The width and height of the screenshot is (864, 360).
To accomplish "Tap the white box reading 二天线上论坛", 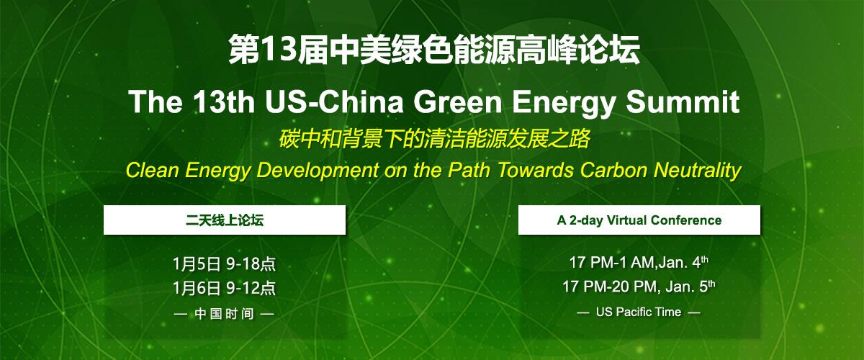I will click(225, 220).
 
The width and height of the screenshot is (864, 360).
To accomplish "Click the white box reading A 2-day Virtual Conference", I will click(639, 220).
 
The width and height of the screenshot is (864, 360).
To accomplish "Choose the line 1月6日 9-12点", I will click(225, 289).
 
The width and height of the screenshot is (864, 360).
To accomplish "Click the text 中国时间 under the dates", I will click(225, 314).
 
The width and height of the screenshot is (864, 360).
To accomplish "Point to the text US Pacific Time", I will click(639, 312).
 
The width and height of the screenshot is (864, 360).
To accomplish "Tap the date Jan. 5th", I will click(689, 287).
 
